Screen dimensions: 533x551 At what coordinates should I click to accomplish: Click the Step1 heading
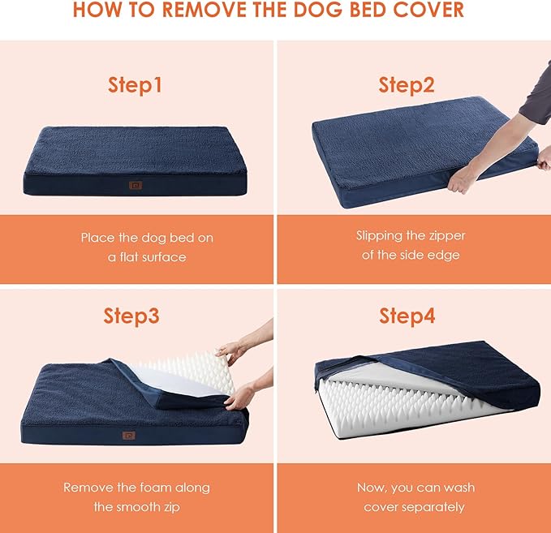click(x=136, y=84)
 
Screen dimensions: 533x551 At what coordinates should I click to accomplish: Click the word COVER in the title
click(x=427, y=11)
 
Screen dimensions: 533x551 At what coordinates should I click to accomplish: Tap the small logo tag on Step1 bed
click(x=135, y=185)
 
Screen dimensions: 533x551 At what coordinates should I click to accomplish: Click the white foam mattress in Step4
click(x=406, y=406)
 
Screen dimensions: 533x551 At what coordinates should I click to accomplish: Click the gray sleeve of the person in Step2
click(x=535, y=93)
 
